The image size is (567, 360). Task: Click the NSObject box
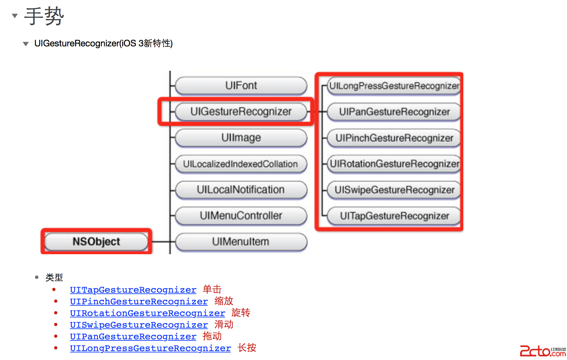(x=96, y=241)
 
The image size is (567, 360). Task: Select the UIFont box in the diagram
(x=241, y=85)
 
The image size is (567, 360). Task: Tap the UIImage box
(x=241, y=137)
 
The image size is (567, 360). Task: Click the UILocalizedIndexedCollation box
(x=241, y=164)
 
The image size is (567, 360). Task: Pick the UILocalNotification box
(x=241, y=190)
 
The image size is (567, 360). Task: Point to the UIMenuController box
(x=241, y=216)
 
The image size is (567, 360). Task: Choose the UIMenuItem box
(x=241, y=242)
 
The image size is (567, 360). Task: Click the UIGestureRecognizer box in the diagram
(x=241, y=111)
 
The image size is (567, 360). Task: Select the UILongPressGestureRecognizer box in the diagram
(x=394, y=86)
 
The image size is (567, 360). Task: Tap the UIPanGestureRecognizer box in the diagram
(x=394, y=112)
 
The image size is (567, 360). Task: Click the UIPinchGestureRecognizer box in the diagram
(x=394, y=138)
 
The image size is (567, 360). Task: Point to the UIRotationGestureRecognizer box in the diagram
(x=394, y=164)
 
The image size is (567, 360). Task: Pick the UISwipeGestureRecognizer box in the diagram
(x=394, y=190)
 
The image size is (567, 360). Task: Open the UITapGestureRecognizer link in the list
(x=133, y=290)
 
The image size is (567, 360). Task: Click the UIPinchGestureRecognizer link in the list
(x=139, y=302)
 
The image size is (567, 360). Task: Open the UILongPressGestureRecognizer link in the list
(x=150, y=348)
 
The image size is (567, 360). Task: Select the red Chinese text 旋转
(x=241, y=313)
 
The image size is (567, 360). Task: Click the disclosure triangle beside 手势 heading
(x=15, y=15)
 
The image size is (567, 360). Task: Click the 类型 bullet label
(x=54, y=277)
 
